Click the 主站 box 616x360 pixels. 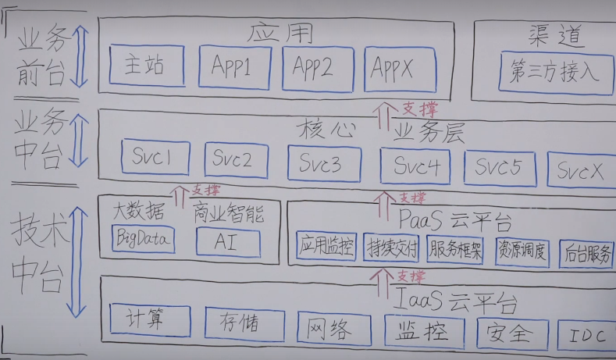147,66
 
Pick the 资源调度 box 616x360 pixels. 523,252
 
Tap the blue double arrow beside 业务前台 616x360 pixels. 80,56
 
